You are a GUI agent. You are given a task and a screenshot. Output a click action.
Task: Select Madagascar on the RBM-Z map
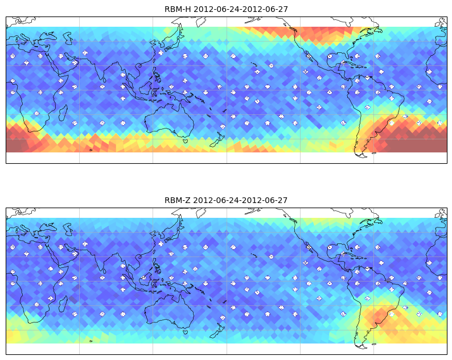[x=63, y=304]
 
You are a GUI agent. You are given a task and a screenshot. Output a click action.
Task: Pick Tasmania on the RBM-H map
[x=186, y=141]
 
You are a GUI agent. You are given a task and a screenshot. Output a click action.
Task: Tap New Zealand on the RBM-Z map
[x=217, y=330]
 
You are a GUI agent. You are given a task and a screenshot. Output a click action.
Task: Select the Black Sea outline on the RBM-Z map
[x=48, y=227]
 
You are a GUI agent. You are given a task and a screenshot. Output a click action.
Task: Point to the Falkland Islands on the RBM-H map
[x=374, y=153]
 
